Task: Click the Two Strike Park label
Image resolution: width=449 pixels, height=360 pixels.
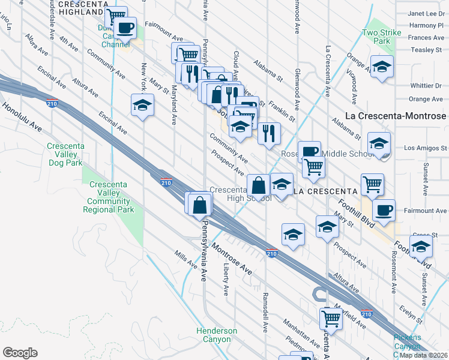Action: [377, 37]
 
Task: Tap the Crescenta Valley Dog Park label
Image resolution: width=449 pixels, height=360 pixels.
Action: [67, 154]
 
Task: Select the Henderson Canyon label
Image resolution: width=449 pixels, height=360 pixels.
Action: [217, 335]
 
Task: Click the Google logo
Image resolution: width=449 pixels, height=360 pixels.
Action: [20, 352]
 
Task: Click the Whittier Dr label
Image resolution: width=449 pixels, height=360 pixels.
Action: [426, 86]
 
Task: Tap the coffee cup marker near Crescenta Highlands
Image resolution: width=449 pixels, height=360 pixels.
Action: [125, 28]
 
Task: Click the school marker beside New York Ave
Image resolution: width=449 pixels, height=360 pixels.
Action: [142, 105]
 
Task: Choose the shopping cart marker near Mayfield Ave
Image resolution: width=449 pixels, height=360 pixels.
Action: [330, 318]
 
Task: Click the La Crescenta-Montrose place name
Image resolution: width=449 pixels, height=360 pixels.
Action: [396, 116]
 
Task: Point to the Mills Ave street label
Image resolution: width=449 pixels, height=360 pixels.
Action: [185, 259]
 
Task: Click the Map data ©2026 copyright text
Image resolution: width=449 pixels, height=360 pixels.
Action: [424, 355]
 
